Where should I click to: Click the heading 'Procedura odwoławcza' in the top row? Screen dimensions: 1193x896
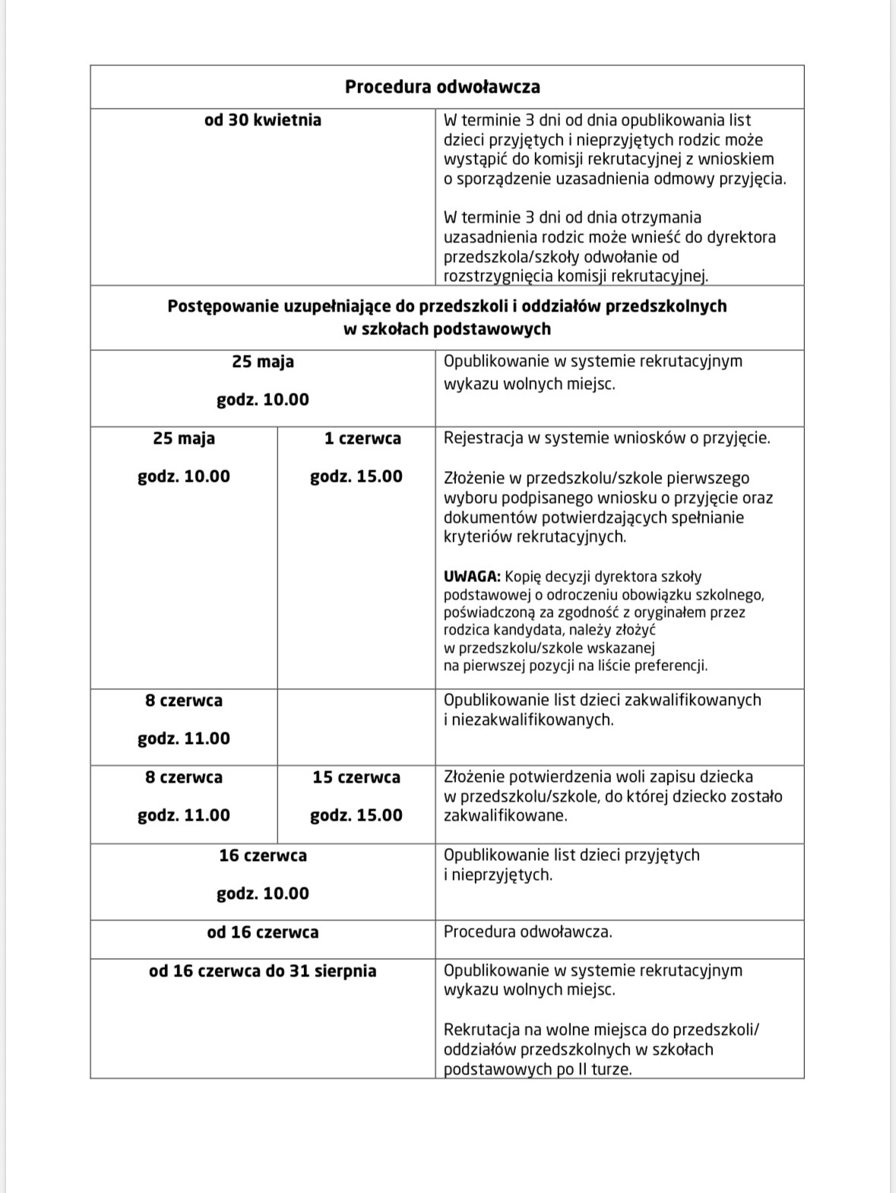(x=442, y=87)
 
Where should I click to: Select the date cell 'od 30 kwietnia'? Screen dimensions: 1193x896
(x=262, y=120)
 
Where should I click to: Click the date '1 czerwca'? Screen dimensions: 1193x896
(x=362, y=438)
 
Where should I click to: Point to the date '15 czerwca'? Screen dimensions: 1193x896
(x=356, y=777)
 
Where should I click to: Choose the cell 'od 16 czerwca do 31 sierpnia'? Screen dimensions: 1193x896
(x=262, y=970)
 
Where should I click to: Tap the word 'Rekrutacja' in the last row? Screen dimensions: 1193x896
(x=480, y=1030)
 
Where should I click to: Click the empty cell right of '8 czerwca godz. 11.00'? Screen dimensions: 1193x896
(x=356, y=726)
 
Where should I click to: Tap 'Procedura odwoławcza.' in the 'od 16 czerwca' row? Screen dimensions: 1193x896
(x=527, y=932)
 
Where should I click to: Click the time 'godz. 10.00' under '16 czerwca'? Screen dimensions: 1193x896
(x=262, y=894)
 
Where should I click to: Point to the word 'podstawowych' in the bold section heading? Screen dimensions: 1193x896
(x=492, y=329)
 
